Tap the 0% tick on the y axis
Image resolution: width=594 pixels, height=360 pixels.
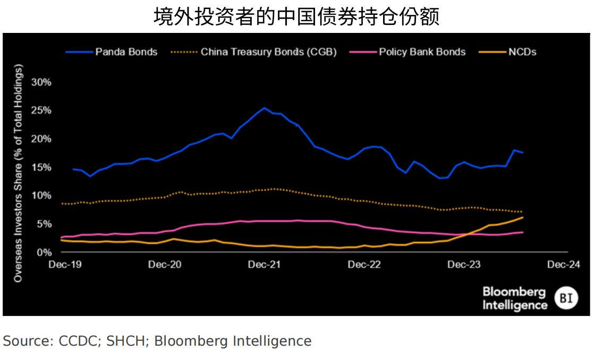44,252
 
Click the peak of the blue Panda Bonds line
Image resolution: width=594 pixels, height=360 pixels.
265,108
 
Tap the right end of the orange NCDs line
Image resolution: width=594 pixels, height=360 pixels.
523,217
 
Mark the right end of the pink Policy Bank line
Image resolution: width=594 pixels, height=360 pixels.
523,232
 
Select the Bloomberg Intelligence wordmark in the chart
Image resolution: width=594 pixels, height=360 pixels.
514,299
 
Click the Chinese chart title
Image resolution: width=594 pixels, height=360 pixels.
296,16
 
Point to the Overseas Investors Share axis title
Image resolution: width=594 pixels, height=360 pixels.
19,173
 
